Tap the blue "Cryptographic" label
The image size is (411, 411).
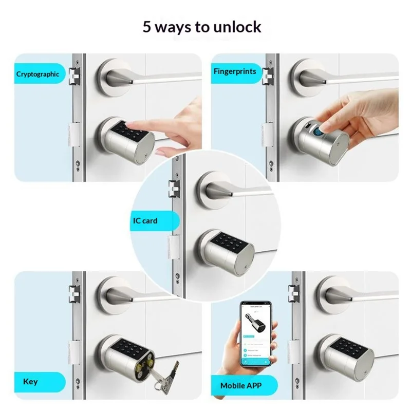pos(38,74)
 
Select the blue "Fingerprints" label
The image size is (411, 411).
pos(235,71)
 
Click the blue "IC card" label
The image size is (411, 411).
pos(145,221)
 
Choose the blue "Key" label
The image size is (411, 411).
pos(31,382)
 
